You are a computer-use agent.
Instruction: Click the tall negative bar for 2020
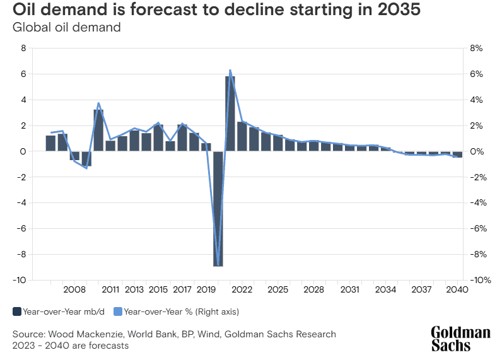(x=218, y=208)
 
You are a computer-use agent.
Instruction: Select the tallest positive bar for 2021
(x=230, y=113)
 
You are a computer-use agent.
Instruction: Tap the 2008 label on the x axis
(x=74, y=289)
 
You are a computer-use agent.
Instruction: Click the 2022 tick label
(x=242, y=289)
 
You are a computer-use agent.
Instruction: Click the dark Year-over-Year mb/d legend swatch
(x=16, y=311)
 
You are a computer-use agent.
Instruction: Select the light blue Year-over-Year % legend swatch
(x=118, y=311)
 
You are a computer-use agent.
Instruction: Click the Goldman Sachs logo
(x=460, y=339)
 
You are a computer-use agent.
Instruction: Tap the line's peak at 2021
(x=230, y=70)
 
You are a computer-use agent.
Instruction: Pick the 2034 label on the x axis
(x=385, y=289)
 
